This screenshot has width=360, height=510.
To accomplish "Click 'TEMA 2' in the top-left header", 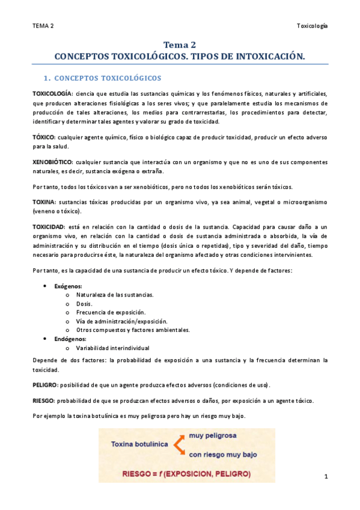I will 43,26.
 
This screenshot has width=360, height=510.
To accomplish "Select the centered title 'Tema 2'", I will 180,45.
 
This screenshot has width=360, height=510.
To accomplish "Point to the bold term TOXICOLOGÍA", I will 52,94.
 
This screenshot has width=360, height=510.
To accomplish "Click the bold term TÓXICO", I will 43,137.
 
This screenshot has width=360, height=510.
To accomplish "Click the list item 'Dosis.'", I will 84,304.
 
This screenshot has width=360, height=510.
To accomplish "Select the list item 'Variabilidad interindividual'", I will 113,348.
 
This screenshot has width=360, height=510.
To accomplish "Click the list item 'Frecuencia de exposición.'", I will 111,312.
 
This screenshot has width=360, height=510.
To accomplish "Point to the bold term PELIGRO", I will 44,384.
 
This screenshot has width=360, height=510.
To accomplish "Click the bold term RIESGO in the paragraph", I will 43,401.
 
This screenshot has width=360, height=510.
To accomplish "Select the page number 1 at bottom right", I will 325,477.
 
